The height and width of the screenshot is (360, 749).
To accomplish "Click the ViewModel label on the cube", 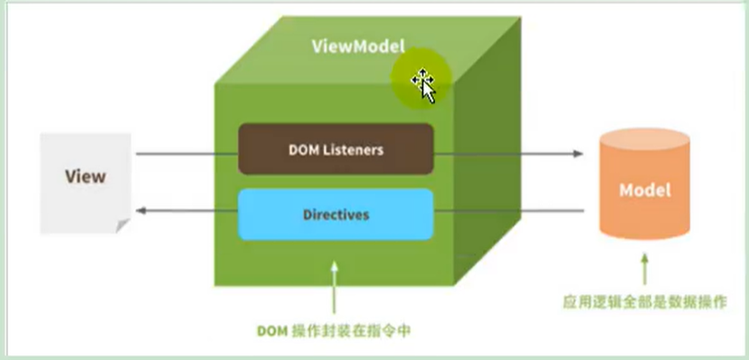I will click(x=358, y=45).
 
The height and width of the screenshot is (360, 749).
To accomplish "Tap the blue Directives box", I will click(x=336, y=215).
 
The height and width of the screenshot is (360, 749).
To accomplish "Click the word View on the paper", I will click(x=85, y=175).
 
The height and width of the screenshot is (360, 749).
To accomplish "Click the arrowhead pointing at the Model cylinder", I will click(x=577, y=154).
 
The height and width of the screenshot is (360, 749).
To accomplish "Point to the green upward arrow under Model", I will click(x=645, y=270).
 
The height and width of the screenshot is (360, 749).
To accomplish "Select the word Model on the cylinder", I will click(x=644, y=191).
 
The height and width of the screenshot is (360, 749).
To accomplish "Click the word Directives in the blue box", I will click(x=336, y=215).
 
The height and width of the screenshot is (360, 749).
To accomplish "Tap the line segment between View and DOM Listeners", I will click(x=186, y=154).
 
